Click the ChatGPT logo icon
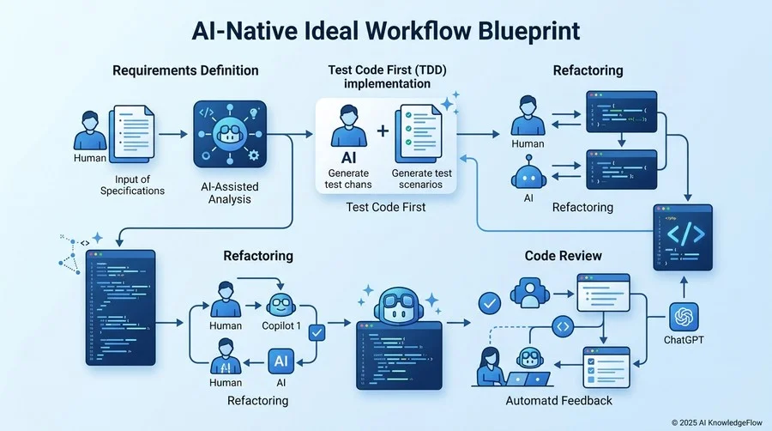684,317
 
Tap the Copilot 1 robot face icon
280,305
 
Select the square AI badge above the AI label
281,361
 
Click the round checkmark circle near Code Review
490,303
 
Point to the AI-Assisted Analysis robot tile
230,135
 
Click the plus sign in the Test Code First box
383,131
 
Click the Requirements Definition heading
185,70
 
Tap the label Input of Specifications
132,185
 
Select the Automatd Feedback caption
558,401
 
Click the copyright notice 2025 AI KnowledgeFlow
716,422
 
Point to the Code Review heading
564,256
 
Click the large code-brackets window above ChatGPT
683,238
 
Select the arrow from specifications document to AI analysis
173,134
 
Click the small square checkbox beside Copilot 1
317,332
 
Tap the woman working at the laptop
491,367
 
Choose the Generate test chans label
348,179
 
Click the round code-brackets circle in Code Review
563,326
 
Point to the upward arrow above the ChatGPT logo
684,287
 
